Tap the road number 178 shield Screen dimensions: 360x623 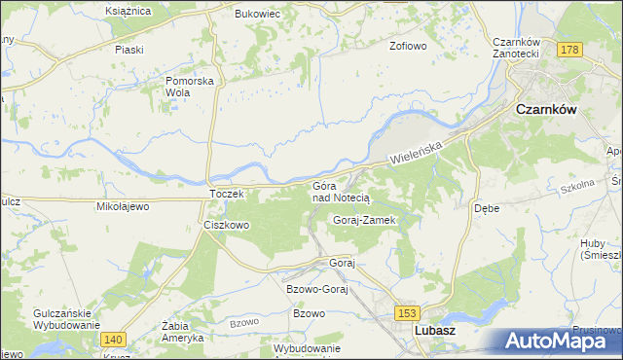pyautogui.click(x=571, y=49)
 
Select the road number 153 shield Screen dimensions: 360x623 pyautogui.click(x=408, y=312)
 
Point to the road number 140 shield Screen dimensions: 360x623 pyautogui.click(x=113, y=339)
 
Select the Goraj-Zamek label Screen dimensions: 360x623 pyautogui.click(x=362, y=220)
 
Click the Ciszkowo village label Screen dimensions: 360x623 pyautogui.click(x=227, y=225)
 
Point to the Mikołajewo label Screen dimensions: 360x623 pyautogui.click(x=121, y=207)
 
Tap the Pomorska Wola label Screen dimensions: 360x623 pyautogui.click(x=190, y=87)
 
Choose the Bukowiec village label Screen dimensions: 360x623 pyautogui.click(x=257, y=15)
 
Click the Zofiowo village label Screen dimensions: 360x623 pyautogui.click(x=409, y=46)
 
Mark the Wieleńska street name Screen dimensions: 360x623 pyautogui.click(x=417, y=151)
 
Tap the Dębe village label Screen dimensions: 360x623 pyautogui.click(x=487, y=208)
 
